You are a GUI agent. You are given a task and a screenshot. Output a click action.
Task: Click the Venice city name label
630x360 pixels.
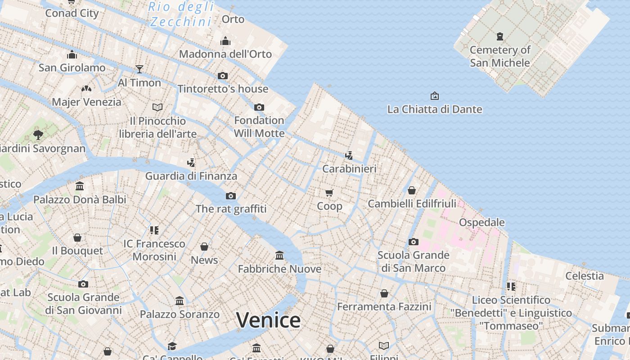(x=268, y=320)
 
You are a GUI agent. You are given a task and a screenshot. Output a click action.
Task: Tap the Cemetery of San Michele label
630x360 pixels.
(x=500, y=56)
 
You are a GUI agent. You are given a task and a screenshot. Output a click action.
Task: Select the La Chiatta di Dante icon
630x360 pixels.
(x=434, y=96)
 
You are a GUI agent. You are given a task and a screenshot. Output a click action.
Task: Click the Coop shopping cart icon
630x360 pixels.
(x=329, y=193)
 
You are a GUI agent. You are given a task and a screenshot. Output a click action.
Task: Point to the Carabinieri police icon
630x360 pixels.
(x=349, y=155)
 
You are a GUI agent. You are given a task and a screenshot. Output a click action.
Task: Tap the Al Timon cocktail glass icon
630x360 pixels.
(x=139, y=69)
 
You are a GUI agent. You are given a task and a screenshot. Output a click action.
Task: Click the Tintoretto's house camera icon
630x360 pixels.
(x=223, y=76)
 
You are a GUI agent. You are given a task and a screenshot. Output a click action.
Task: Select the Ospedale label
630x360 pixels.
(x=481, y=222)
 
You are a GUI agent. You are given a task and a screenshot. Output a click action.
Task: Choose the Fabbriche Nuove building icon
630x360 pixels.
(x=279, y=256)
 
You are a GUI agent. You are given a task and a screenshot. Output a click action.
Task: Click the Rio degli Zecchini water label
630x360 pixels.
(x=181, y=14)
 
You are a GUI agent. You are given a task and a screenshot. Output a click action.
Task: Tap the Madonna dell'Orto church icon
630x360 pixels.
(x=225, y=41)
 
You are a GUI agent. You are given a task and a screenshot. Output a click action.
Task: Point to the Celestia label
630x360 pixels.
(x=584, y=276)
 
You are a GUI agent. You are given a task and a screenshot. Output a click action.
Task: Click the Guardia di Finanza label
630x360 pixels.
(x=191, y=176)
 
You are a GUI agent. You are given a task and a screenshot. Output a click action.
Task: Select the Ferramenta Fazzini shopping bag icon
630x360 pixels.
(x=384, y=293)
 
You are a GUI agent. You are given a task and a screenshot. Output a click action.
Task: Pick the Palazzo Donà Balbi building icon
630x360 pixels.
(x=80, y=186)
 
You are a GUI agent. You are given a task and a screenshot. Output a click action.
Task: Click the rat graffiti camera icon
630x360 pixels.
(x=231, y=196)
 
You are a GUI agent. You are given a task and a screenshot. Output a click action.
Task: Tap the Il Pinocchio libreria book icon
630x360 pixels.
(x=157, y=107)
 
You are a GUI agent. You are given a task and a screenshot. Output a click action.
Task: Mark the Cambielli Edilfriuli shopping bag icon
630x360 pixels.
(x=411, y=190)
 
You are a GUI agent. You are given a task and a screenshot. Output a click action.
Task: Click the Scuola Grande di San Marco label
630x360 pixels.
(x=413, y=261)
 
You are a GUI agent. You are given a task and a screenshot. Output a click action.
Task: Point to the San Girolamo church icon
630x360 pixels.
(x=72, y=55)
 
